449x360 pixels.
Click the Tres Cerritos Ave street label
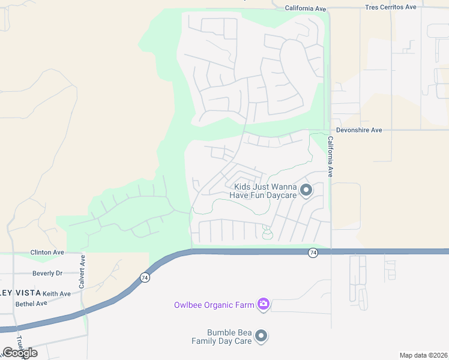391,7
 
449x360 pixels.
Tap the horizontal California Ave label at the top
305,8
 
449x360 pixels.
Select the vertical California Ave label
330,156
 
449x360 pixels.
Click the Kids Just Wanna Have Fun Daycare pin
306,191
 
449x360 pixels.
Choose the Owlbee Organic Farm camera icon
263,305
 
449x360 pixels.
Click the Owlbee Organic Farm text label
214,305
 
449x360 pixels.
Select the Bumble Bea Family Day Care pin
261,336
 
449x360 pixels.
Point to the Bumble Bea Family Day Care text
221,337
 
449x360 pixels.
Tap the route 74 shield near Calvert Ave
145,277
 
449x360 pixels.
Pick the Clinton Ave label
46,253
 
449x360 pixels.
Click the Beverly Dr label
47,273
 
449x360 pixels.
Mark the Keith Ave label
57,293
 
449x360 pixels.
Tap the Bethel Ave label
31,304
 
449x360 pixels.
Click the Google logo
20,352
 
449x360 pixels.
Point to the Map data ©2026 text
423,355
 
